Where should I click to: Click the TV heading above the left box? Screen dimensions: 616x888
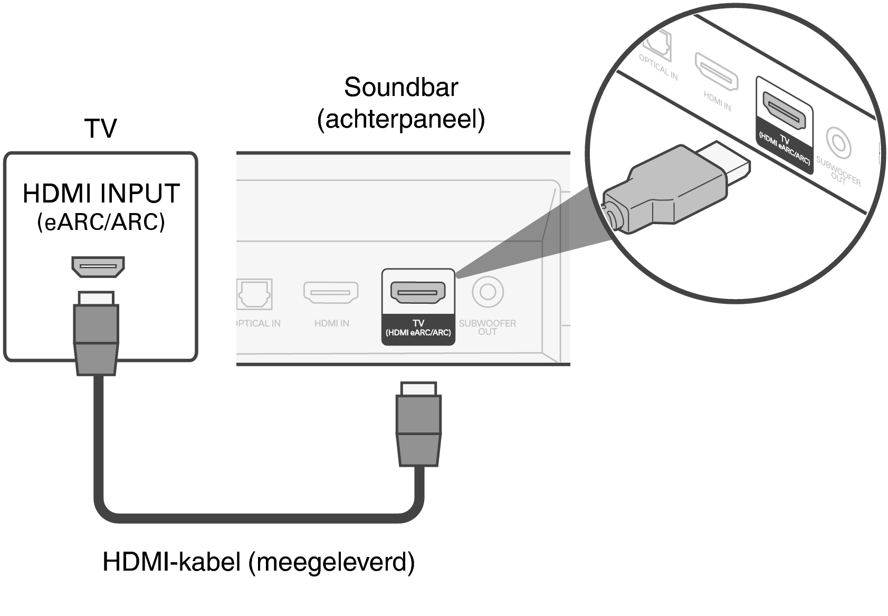click(100, 128)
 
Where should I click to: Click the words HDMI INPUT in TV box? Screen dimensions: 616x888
click(101, 194)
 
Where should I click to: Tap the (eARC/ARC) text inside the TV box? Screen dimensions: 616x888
click(101, 222)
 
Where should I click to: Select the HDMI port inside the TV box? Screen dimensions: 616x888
click(98, 266)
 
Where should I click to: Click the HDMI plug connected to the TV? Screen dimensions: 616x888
click(96, 332)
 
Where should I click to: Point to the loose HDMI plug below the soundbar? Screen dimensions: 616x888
click(418, 425)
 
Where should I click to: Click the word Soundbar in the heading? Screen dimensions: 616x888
click(401, 87)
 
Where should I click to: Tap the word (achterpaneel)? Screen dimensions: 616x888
click(401, 119)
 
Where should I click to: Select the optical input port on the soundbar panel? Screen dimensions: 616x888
click(254, 294)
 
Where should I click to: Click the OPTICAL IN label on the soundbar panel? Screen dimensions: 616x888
click(257, 323)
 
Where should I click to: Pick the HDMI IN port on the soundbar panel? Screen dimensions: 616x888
click(331, 293)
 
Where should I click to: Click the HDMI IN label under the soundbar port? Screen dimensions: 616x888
click(331, 323)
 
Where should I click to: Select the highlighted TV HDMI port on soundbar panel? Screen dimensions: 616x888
click(418, 292)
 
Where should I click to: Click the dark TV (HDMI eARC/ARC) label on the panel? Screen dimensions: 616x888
click(418, 329)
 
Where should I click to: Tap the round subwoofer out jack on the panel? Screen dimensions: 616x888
click(488, 292)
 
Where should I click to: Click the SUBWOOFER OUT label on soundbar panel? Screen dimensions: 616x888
click(487, 327)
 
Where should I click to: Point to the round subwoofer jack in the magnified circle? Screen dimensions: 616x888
click(837, 143)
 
